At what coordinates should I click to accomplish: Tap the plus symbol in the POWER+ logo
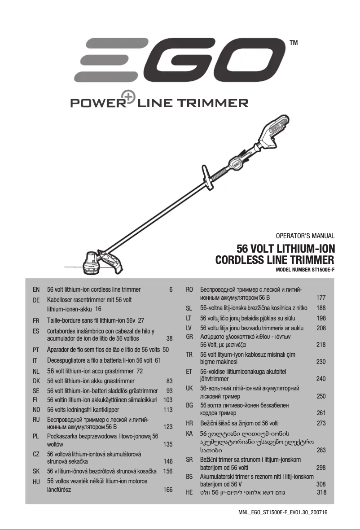[x=130, y=100]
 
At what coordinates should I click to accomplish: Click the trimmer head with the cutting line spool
[x=92, y=263]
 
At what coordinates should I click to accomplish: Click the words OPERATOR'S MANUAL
[x=306, y=235]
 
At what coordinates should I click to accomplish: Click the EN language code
[x=36, y=289]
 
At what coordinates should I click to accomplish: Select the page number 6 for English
[x=171, y=289]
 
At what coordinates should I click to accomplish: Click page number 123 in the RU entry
[x=168, y=427]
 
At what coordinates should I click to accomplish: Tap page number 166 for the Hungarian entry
[x=168, y=490]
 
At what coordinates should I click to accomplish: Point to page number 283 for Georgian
[x=321, y=450]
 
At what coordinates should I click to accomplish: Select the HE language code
[x=189, y=492]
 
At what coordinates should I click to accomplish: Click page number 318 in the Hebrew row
[x=321, y=492]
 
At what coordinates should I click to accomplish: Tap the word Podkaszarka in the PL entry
[x=63, y=436]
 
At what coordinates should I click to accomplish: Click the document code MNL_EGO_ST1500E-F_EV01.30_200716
[x=282, y=512]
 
